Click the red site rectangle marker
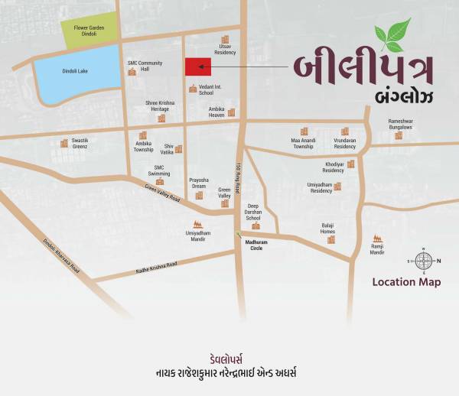pyautogui.click(x=198, y=67)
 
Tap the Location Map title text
pyautogui.click(x=406, y=283)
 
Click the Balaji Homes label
pyautogui.click(x=327, y=229)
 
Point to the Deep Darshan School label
pyautogui.click(x=253, y=212)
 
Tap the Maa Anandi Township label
pyautogui.click(x=302, y=143)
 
